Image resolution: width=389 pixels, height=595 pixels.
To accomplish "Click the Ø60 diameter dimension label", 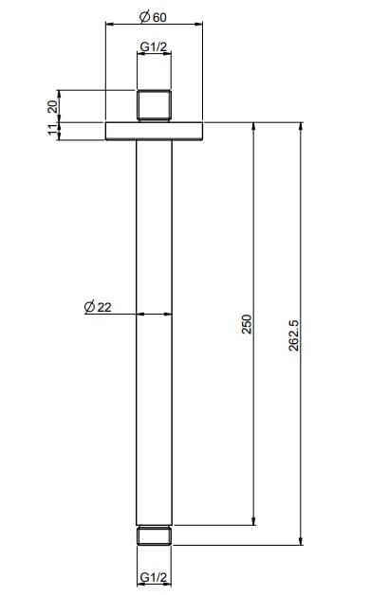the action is coord(153,17).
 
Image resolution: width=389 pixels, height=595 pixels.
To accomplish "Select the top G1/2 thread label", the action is coord(154,47).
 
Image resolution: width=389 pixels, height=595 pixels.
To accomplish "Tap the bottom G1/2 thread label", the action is coord(154,577).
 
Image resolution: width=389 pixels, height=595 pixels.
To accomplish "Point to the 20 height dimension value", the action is coord(53,106).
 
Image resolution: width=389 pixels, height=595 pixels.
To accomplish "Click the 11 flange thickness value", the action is coord(53,130).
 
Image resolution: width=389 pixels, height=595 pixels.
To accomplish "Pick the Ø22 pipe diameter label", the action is coord(98,307).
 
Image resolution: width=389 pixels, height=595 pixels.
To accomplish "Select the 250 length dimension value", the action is coord(247,324).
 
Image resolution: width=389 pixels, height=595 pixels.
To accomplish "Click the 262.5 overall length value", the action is coord(294,335).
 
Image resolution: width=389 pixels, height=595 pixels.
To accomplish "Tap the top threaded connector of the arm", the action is coord(154,106).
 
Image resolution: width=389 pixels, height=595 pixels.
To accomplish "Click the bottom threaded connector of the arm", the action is coord(154,535).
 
